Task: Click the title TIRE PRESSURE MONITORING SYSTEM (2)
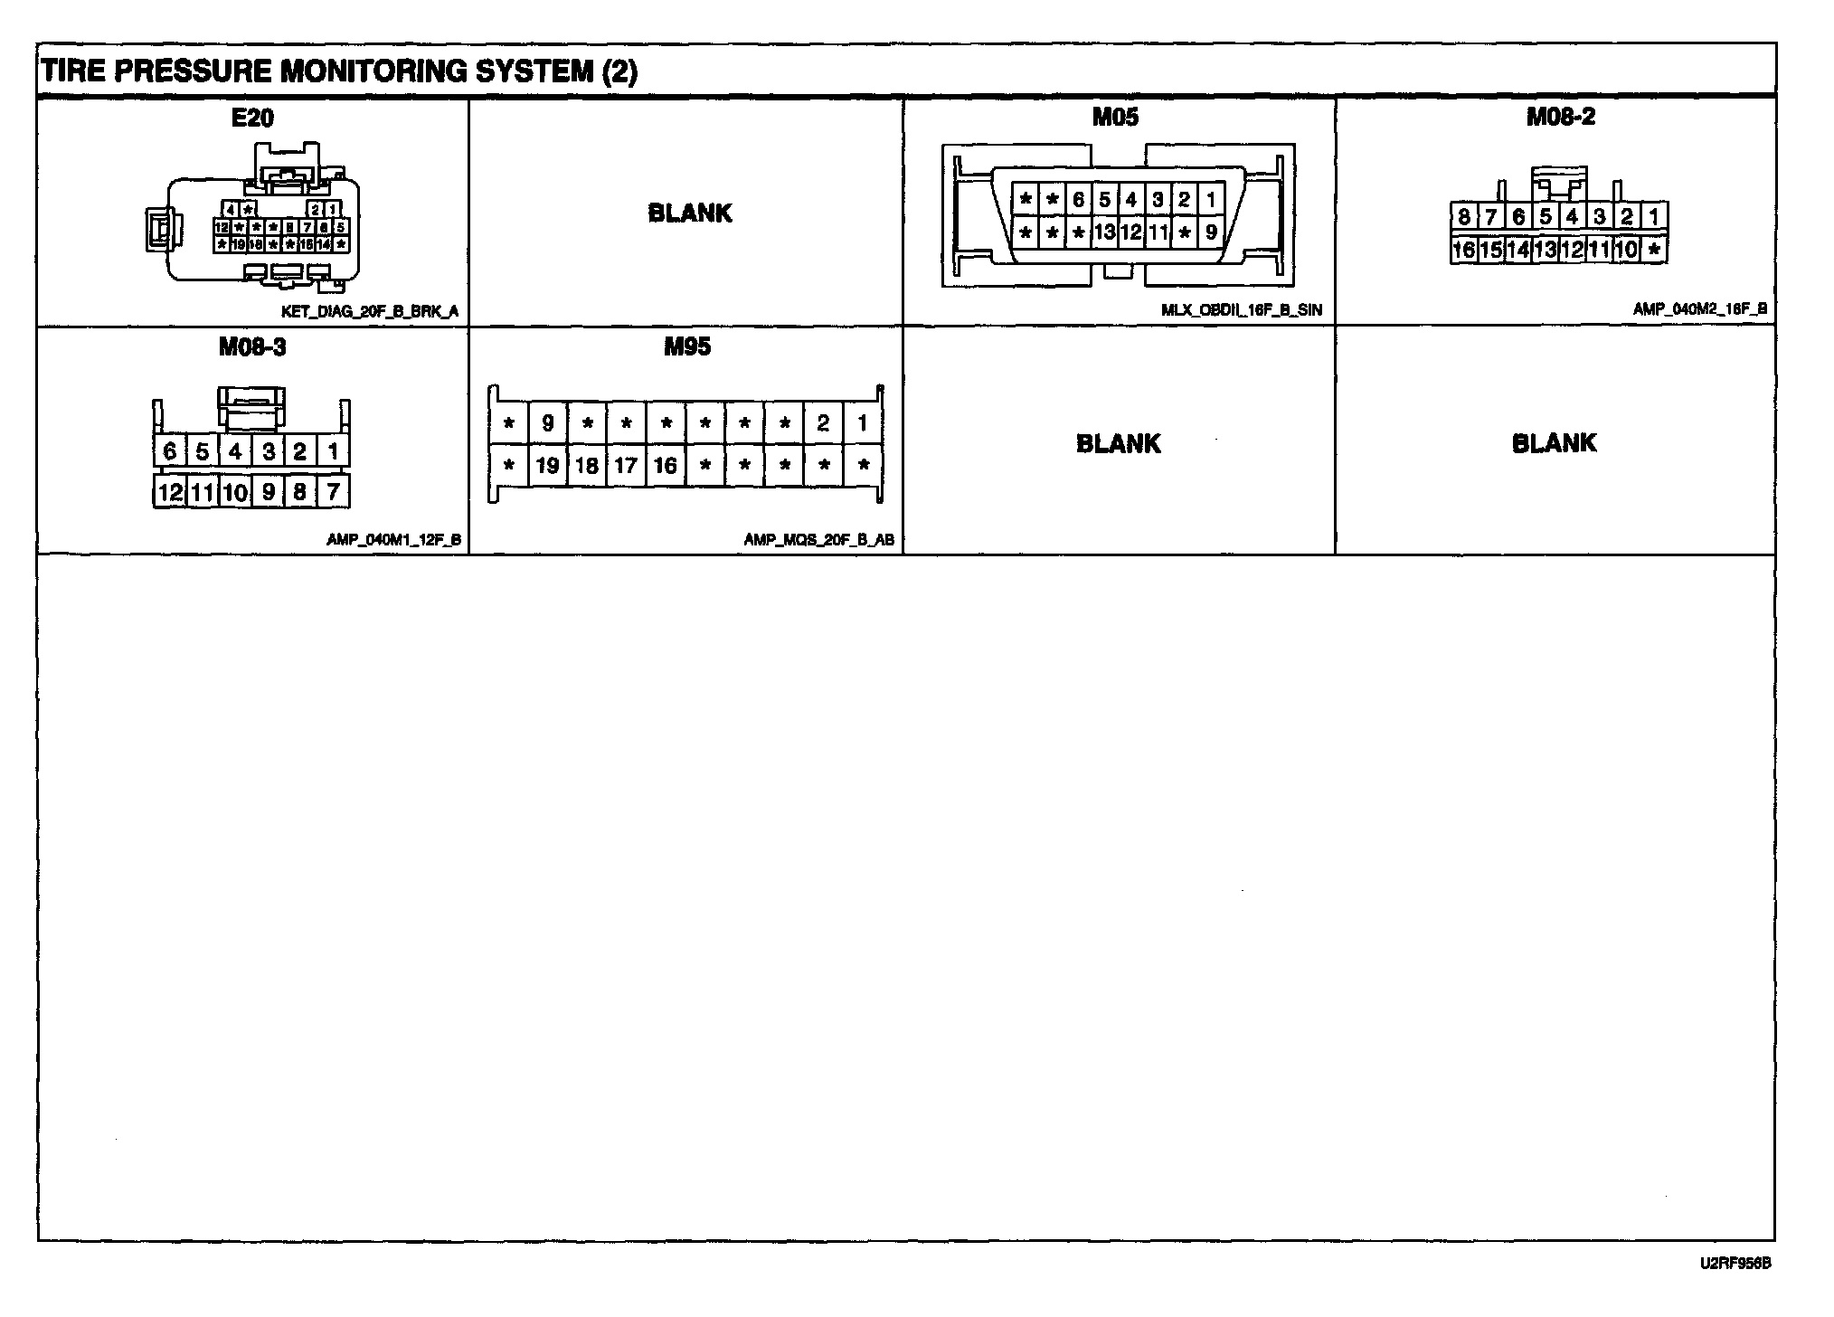[x=339, y=71]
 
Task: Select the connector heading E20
[x=252, y=118]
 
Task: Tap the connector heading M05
[x=1115, y=117]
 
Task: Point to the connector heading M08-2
[x=1560, y=117]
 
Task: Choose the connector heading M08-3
[x=252, y=347]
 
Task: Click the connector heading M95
[x=687, y=346]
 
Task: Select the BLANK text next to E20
[x=690, y=213]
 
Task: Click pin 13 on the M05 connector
[x=1104, y=232]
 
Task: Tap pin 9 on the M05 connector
[x=1211, y=232]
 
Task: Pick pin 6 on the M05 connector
[x=1078, y=199]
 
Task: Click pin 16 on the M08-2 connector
[x=1463, y=250]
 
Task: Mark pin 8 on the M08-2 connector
[x=1463, y=217]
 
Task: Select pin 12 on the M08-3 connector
[x=170, y=492]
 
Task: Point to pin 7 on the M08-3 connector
[x=333, y=492]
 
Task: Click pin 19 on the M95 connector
[x=547, y=466]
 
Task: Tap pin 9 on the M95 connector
[x=547, y=422]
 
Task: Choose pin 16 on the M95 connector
[x=666, y=466]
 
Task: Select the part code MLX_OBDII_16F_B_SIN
[x=1241, y=310]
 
